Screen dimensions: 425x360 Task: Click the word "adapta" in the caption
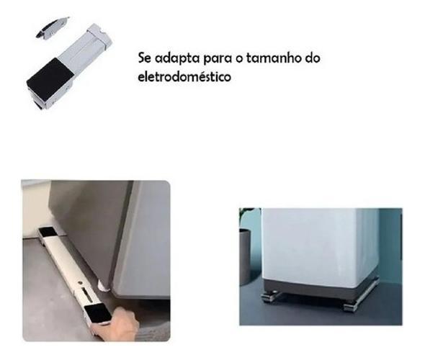(177, 59)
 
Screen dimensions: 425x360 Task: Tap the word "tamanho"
(272, 58)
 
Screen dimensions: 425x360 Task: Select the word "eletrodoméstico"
(184, 76)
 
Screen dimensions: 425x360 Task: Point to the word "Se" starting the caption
(145, 58)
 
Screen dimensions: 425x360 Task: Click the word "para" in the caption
(217, 59)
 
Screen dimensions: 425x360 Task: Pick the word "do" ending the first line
(313, 58)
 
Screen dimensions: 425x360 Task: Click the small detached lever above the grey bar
(53, 27)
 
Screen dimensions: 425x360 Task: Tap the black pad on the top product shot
(51, 78)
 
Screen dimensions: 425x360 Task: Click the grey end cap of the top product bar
(99, 35)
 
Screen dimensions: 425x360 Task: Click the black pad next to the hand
(98, 313)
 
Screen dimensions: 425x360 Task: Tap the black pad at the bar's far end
(47, 232)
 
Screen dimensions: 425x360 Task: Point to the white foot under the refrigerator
(103, 287)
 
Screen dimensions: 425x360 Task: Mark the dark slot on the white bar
(85, 293)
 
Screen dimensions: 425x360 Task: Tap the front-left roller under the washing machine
(269, 297)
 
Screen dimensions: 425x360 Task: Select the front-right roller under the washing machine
(352, 307)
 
